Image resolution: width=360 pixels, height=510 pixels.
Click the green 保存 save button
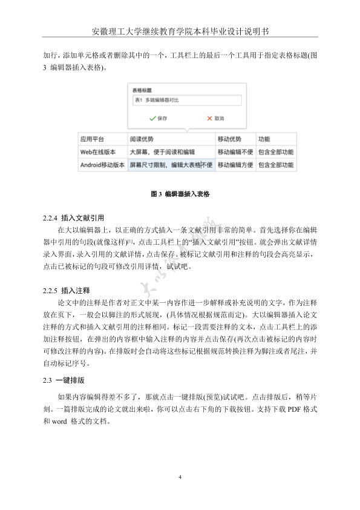tap(158, 119)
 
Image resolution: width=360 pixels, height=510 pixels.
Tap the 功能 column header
tap(264, 138)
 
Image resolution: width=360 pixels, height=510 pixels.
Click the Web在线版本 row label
tap(98, 151)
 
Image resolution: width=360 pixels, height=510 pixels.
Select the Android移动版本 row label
tap(102, 165)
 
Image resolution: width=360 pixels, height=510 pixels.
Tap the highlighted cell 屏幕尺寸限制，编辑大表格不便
tap(171, 165)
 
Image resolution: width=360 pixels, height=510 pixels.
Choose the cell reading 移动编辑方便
tap(235, 165)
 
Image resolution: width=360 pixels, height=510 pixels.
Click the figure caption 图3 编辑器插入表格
tap(180, 194)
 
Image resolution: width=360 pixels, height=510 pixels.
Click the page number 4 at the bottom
tap(180, 478)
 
